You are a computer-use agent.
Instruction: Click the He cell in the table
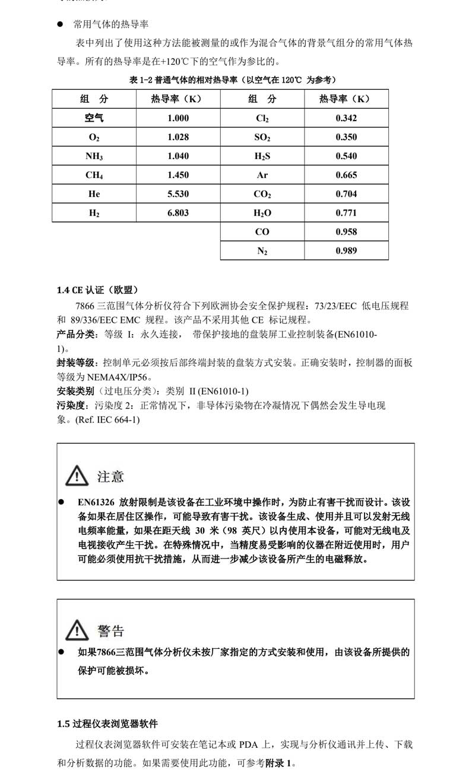(x=94, y=194)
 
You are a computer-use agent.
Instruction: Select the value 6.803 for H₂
(x=178, y=213)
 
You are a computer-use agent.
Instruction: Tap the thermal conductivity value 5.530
(x=178, y=194)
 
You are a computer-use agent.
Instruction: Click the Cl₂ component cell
(x=262, y=118)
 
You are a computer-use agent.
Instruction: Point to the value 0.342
(x=346, y=118)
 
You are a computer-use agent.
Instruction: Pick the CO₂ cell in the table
(x=262, y=194)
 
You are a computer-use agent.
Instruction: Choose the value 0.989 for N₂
(x=346, y=250)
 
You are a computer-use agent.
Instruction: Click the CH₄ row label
(x=94, y=175)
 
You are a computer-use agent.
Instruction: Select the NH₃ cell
(x=94, y=156)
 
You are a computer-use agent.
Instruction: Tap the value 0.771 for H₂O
(x=346, y=213)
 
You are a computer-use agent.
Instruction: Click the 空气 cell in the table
(x=94, y=118)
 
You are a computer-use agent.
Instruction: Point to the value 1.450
(x=178, y=175)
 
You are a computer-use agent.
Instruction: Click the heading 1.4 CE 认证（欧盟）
(x=97, y=290)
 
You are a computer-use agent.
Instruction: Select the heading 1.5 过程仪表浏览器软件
(x=107, y=724)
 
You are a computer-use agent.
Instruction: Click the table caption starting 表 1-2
(x=232, y=80)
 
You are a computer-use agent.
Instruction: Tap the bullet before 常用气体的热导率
(x=60, y=24)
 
